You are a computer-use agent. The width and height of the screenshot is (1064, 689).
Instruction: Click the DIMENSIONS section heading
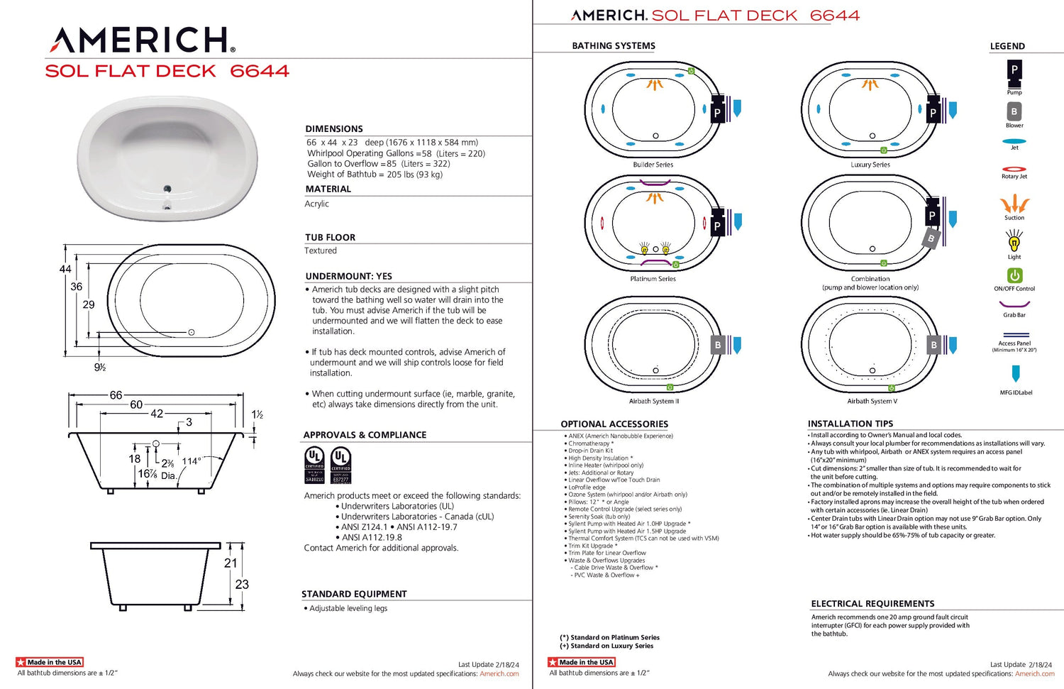tap(334, 128)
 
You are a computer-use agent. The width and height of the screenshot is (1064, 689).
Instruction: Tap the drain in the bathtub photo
tap(167, 189)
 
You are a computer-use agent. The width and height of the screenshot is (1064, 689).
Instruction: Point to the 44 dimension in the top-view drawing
tap(65, 269)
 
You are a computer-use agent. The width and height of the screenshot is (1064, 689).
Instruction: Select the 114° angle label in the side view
tap(192, 461)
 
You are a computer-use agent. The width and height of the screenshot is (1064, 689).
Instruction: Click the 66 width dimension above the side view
tap(116, 395)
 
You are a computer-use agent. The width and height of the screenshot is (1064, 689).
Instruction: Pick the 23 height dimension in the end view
tap(242, 584)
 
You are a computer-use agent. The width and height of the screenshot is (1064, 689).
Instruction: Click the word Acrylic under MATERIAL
tap(317, 204)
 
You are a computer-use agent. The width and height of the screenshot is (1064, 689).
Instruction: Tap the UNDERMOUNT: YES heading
tap(348, 276)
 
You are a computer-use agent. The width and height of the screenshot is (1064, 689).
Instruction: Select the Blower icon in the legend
tap(1014, 111)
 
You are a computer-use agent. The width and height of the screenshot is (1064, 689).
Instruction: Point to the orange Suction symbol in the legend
tap(1014, 204)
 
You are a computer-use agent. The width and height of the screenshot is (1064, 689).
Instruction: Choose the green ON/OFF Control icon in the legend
tap(1014, 275)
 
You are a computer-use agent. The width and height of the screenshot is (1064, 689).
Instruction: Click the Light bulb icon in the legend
tap(1014, 242)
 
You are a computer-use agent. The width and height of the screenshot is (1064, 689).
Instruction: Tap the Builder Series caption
tap(653, 165)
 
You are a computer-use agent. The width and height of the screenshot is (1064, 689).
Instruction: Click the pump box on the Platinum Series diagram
tap(717, 225)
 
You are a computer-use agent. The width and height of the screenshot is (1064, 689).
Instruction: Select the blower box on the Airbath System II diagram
tap(718, 346)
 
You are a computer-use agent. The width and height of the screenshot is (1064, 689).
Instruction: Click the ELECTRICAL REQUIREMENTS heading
tap(872, 604)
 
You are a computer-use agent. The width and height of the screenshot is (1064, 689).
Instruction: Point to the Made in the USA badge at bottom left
tap(50, 662)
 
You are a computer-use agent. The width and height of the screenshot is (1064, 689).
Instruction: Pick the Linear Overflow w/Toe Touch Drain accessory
tap(614, 480)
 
